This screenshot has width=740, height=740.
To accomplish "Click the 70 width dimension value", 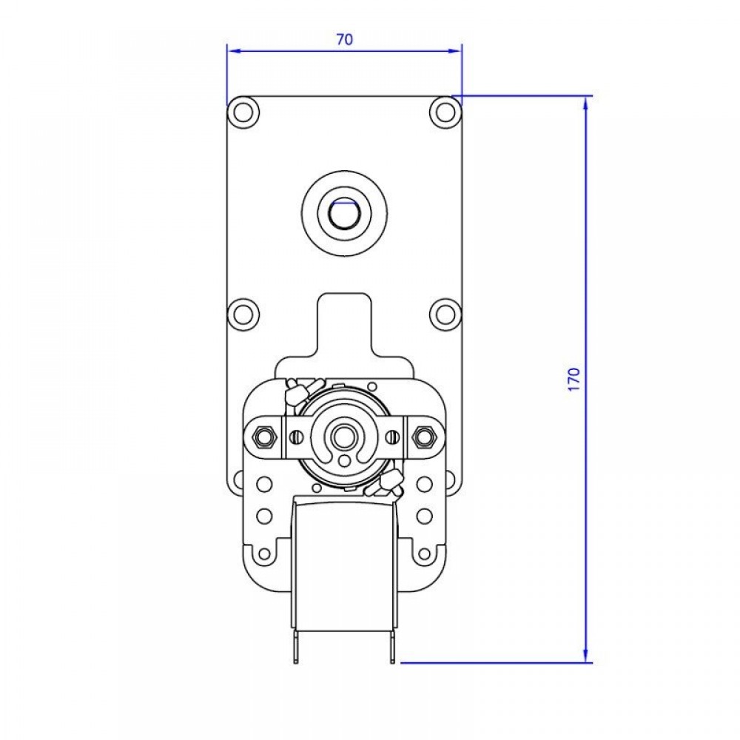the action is pos(345,39).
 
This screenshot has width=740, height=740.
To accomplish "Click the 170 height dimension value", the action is pos(573,379).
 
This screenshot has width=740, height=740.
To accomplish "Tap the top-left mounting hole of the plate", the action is pos(243,112).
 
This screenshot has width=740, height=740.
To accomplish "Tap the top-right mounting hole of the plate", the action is pos(445,112).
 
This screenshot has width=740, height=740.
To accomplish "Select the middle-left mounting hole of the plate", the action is pos(243,314).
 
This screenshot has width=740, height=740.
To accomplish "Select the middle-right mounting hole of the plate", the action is pos(445,314).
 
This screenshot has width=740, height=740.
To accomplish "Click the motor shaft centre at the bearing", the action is pos(344,437).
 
